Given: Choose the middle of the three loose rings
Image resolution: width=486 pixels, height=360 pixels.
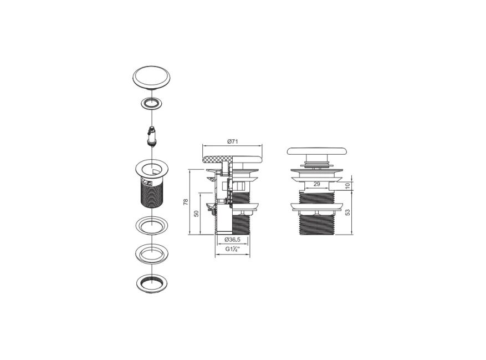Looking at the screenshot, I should tap(152, 253).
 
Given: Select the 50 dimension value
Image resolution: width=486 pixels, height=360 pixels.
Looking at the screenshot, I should tap(196, 214).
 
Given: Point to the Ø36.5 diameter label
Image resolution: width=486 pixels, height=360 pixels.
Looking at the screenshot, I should tap(232, 240).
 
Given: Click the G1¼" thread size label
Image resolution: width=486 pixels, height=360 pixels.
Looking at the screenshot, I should tap(232, 250).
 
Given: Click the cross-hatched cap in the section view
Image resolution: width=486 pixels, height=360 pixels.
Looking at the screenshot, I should tap(214, 159).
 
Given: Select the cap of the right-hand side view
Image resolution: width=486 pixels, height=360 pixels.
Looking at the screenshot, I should tap(316, 154).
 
